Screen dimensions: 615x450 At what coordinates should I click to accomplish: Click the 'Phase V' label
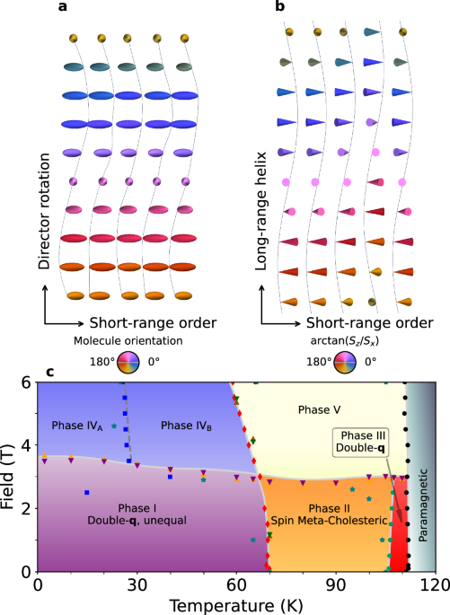click(x=320, y=384)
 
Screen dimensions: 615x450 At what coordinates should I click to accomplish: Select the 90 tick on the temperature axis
click(x=336, y=583)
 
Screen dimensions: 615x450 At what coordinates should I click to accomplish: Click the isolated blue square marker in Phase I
click(x=86, y=493)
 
